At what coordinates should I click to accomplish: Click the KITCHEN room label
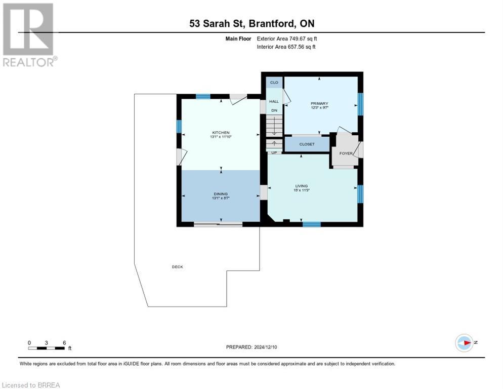point(221,132)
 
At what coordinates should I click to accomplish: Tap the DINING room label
point(221,193)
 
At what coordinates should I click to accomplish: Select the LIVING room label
point(302,186)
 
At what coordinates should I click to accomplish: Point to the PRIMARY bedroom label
point(319,104)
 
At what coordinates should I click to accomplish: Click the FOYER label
point(346,153)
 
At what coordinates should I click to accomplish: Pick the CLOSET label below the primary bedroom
point(307,144)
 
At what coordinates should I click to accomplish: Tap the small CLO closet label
point(274,82)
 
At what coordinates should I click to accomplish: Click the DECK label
point(177,267)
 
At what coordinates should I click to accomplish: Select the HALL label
point(274,101)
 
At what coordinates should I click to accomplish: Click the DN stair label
point(274,110)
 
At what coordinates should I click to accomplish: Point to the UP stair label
point(274,152)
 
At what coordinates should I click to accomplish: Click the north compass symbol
point(464,343)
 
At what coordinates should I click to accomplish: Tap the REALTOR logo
point(29,34)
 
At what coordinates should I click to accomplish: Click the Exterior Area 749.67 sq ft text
point(287,38)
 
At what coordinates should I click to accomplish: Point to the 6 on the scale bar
point(64,342)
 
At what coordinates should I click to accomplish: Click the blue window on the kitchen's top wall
point(203,96)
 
